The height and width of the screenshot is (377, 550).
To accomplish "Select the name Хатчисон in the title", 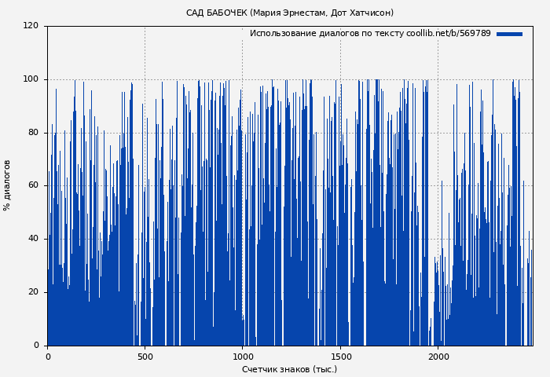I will pos(370,13).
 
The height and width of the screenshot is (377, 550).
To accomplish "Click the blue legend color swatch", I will pos(509,34).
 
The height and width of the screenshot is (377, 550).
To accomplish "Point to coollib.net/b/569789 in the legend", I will pos(449,34).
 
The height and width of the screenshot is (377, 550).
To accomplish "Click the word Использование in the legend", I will pos(280,34).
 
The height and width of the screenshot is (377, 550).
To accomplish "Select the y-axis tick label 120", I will pos(31,26).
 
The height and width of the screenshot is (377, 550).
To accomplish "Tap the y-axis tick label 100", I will pos(31,79).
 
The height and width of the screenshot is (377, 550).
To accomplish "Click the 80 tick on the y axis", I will pos(33,133).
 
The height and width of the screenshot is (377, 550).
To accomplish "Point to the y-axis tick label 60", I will pos(33,185).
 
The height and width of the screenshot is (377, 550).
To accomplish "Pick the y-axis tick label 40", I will pos(33,239).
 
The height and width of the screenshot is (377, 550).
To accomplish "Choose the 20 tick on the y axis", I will pos(33,292).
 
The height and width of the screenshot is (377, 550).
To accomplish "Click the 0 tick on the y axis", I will pos(36,346).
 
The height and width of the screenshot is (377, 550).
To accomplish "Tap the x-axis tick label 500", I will pos(145,357).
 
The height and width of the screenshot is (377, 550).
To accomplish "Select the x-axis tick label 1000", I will pos(242,357).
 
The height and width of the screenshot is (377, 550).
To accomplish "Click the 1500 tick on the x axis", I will pos(340,357).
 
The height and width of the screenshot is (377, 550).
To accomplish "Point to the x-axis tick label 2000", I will pos(438,357).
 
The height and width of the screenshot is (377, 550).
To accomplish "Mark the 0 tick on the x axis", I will pos(47,357).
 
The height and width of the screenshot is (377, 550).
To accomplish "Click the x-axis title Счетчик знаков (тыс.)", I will pos(289,369).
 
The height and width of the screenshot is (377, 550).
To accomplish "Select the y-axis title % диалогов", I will pos(7,185).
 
